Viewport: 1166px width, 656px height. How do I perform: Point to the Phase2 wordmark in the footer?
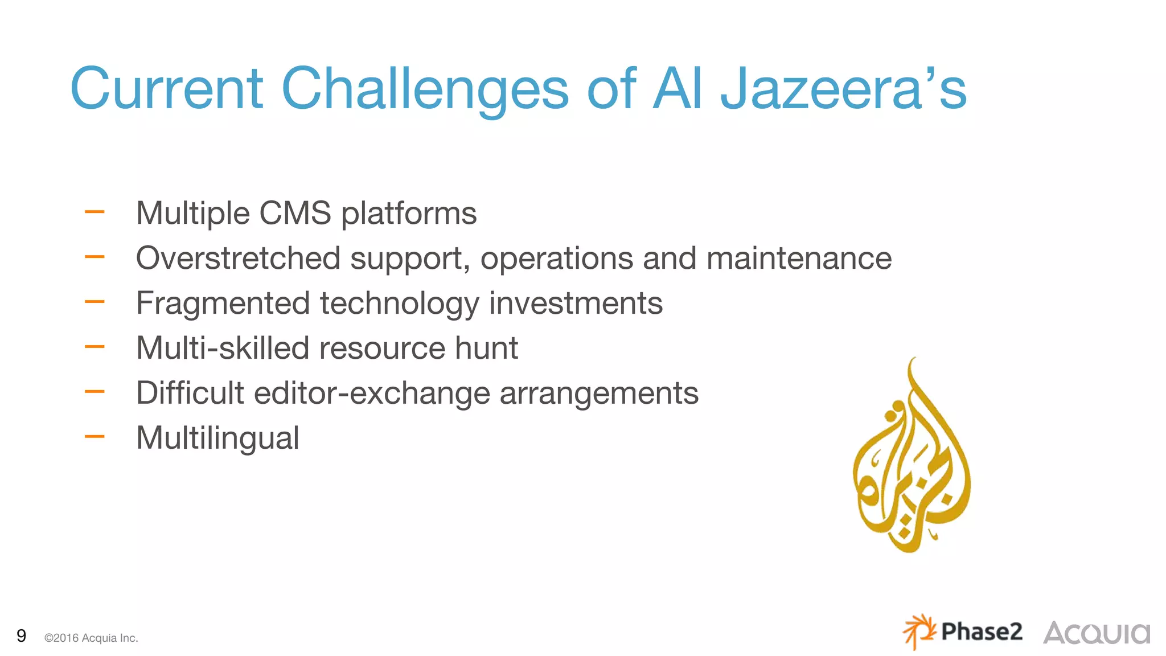[x=982, y=632]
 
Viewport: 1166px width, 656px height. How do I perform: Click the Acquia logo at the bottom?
[x=1097, y=633]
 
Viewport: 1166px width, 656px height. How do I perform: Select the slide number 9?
[x=22, y=635]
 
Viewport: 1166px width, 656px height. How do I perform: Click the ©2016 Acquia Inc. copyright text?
[x=91, y=638]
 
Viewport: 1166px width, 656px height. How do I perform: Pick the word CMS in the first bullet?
[x=295, y=213]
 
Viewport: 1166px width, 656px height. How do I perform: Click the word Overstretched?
[x=238, y=258]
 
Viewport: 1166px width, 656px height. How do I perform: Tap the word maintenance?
[x=799, y=258]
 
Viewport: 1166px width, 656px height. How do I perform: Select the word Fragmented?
[x=223, y=303]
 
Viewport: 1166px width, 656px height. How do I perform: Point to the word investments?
[x=576, y=303]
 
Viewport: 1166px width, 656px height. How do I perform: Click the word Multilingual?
[x=217, y=438]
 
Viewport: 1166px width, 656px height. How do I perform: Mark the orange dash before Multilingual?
[x=95, y=437]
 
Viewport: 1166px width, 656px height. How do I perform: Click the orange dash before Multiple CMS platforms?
[x=95, y=212]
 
